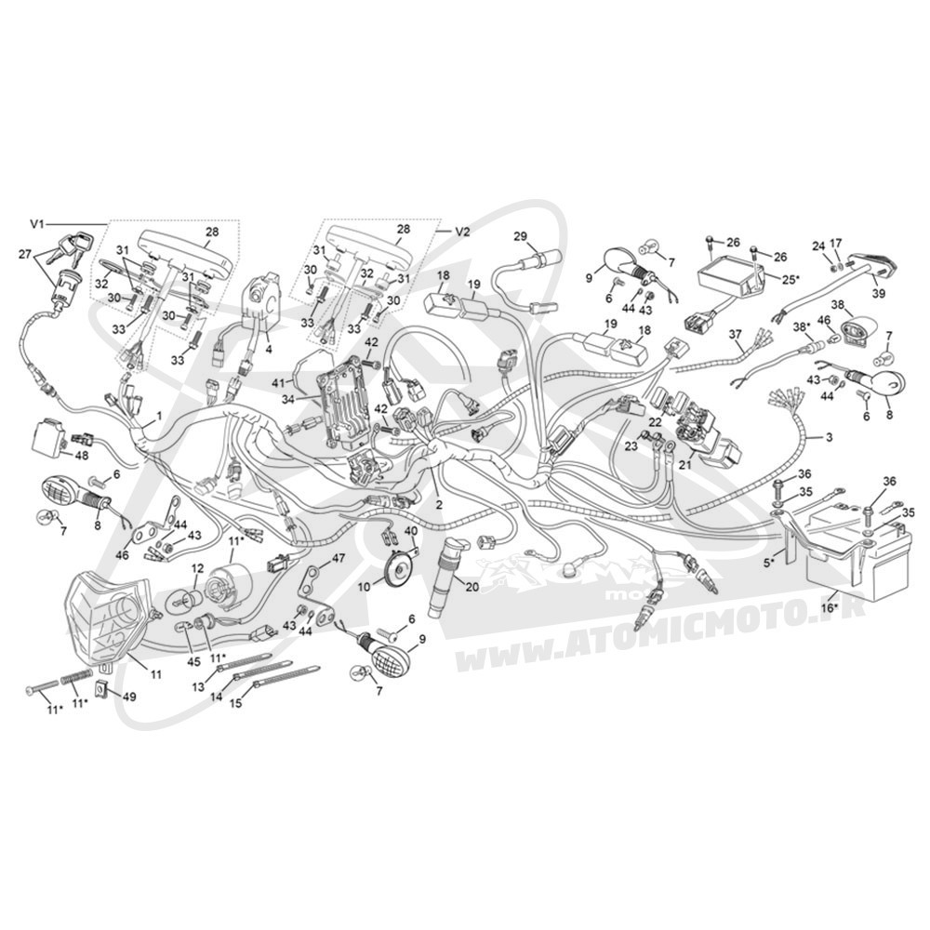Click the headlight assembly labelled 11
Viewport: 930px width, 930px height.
point(106,616)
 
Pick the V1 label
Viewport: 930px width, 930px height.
point(37,224)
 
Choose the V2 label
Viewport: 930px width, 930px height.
point(462,232)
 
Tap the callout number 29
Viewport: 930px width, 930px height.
point(520,237)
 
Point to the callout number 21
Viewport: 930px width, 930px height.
point(685,466)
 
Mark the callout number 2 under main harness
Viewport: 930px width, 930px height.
point(439,505)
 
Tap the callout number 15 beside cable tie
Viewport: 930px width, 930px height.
point(236,704)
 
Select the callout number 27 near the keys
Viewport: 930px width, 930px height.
point(25,255)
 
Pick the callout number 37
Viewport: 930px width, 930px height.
point(736,335)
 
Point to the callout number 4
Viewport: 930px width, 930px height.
point(269,350)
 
